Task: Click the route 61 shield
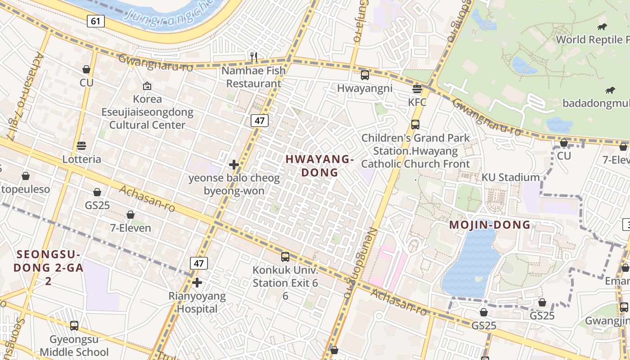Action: (96, 21)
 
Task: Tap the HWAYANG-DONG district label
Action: (319, 166)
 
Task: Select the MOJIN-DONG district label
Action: (490, 225)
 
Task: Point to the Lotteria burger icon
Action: (81, 145)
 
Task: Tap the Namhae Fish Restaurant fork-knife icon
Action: (254, 57)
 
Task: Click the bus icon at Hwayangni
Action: (365, 75)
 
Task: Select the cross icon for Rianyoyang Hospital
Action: (197, 283)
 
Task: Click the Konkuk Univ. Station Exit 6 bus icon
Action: (285, 256)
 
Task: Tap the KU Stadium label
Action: (510, 177)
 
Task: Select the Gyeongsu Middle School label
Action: (74, 345)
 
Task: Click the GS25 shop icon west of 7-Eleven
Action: (97, 192)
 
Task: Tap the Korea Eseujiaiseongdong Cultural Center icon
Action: (147, 85)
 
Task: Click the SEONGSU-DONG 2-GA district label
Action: (48, 267)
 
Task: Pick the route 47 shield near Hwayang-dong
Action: (260, 120)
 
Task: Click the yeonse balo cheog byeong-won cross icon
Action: (234, 165)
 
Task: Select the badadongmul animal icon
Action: (610, 90)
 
